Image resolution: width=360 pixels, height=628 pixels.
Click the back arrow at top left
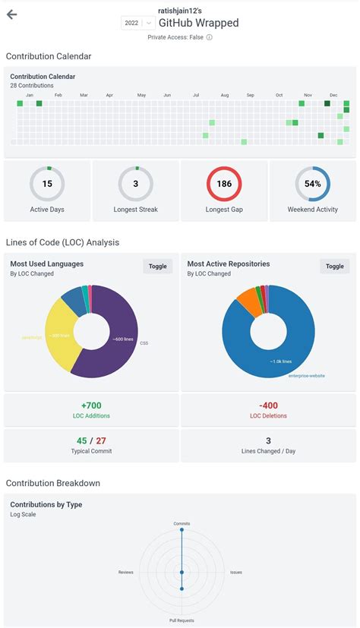[12, 15]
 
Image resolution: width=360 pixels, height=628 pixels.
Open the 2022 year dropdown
[137, 24]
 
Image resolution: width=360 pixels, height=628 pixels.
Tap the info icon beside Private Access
[210, 37]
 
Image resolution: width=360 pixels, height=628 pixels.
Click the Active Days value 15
[47, 184]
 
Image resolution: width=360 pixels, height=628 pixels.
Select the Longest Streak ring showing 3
[135, 184]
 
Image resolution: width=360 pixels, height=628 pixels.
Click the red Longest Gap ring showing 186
[224, 184]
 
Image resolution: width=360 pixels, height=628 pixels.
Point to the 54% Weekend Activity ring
[312, 184]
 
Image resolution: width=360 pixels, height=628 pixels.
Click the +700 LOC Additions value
[91, 405]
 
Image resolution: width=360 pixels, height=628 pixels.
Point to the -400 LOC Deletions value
[268, 405]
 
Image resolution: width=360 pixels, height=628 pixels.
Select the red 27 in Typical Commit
[101, 440]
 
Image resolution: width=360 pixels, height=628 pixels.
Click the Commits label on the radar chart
[182, 523]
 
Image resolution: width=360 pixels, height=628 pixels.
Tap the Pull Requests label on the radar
[182, 620]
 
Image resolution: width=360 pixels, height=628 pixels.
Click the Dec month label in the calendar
[333, 95]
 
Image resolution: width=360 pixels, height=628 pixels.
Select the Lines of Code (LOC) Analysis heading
[62, 242]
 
